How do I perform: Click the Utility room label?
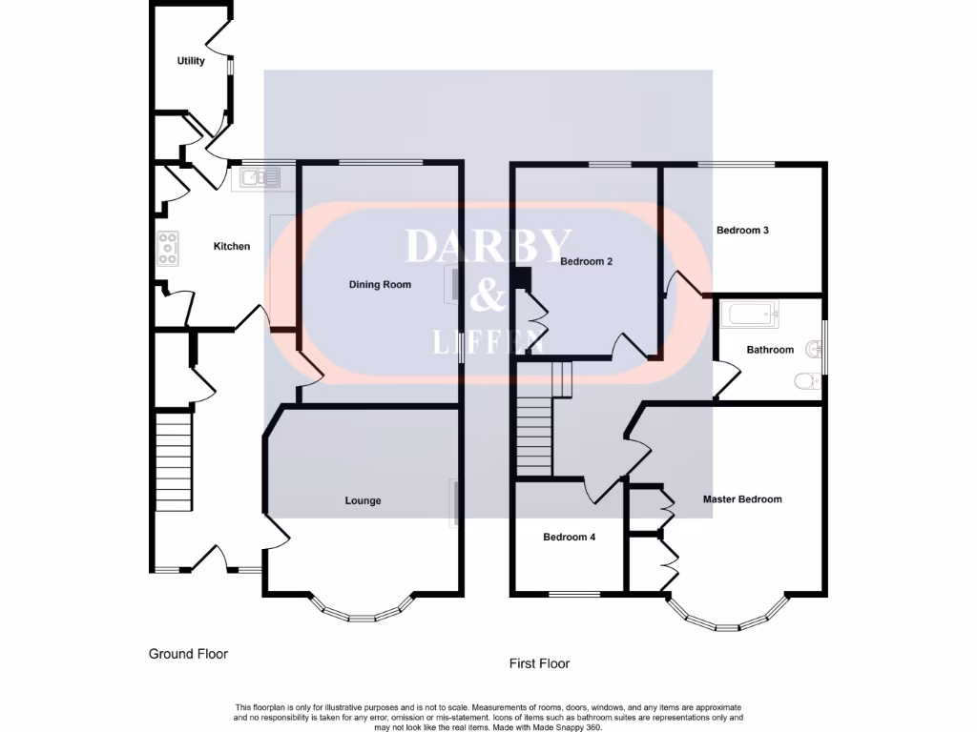(191, 61)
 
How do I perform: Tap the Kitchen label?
(231, 246)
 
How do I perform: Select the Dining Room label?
(380, 284)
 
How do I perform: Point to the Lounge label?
(363, 500)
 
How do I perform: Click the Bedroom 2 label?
(586, 261)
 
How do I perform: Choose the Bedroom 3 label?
(742, 230)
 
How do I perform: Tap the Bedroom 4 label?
(569, 537)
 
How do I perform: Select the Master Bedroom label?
(742, 498)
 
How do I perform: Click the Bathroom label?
(770, 350)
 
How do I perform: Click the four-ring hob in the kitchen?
(167, 249)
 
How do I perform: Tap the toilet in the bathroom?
(807, 382)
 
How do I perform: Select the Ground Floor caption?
(188, 654)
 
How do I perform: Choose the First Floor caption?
(540, 663)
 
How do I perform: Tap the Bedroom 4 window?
(574, 594)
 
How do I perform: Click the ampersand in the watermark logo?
(488, 297)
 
